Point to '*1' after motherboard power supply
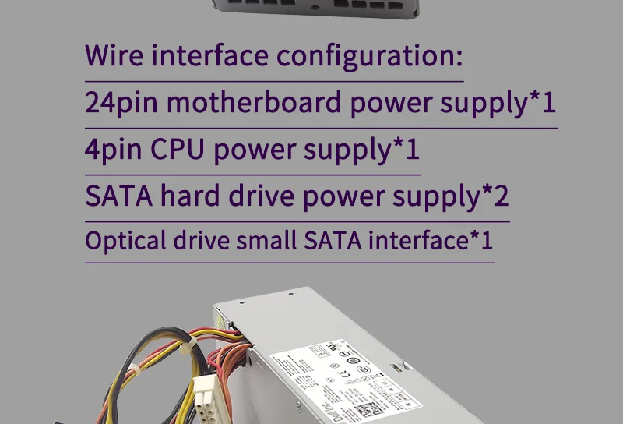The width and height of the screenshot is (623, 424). coord(543,103)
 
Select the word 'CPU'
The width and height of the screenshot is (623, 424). coord(178,150)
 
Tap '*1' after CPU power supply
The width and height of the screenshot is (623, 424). coord(406,150)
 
